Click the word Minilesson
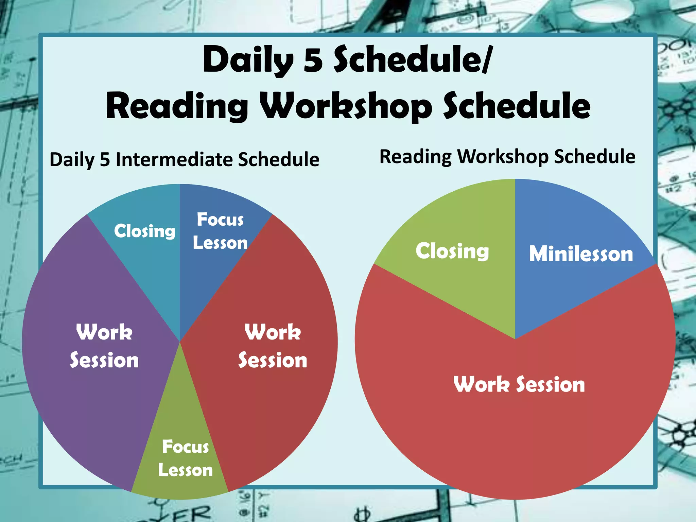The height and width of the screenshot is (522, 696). pos(581,254)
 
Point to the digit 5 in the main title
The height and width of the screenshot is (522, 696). pos(313,60)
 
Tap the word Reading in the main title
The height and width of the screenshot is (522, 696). pos(177,106)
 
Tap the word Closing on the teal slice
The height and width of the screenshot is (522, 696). pos(145,231)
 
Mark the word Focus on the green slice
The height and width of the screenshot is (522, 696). pos(185,447)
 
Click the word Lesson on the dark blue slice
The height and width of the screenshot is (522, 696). pos(220,243)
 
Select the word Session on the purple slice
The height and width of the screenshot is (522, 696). pos(104,360)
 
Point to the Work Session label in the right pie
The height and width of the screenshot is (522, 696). pos(519,384)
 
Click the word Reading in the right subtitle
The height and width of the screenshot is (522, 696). pos(415,157)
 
